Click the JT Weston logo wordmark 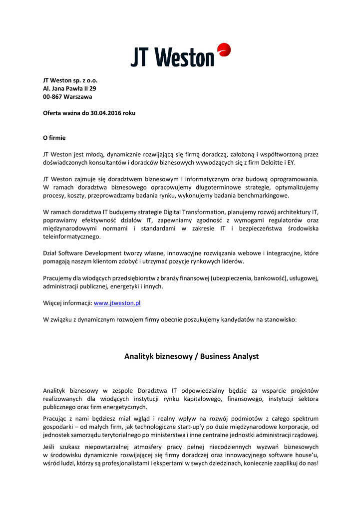[x=172, y=57]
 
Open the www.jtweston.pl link [x=117, y=303]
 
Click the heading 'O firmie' [x=54, y=137]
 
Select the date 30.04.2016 [x=106, y=113]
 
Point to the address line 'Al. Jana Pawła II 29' [x=69, y=88]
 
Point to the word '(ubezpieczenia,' [x=231, y=278]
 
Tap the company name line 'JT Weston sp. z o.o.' [x=70, y=80]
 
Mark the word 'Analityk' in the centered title [x=138, y=356]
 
